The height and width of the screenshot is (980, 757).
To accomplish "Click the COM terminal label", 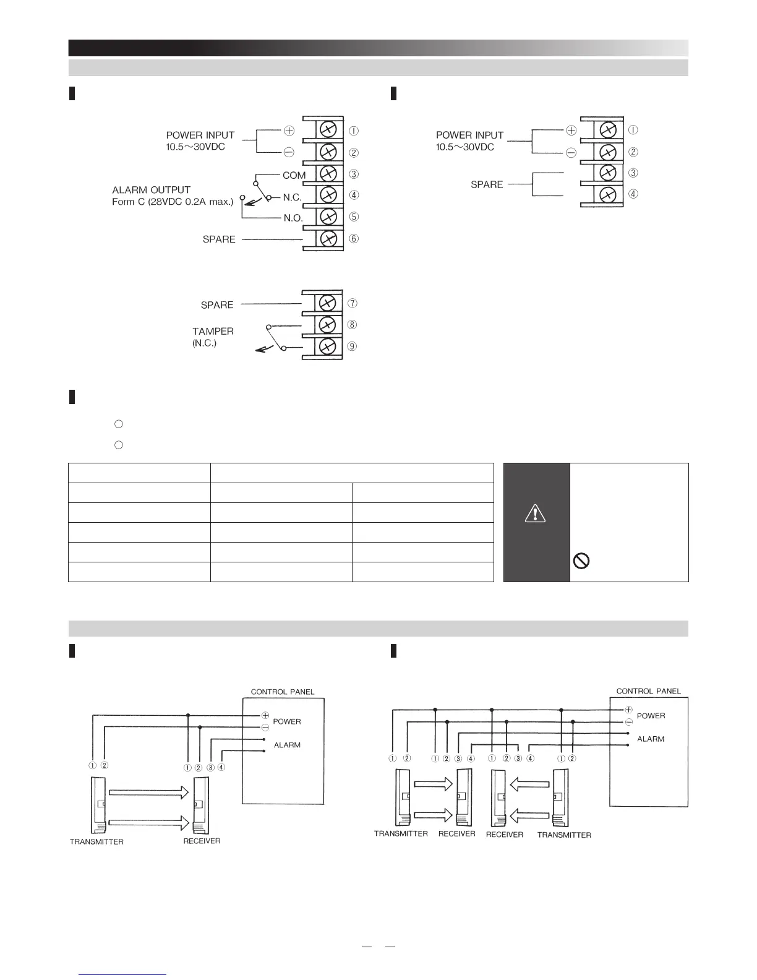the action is coord(294,175).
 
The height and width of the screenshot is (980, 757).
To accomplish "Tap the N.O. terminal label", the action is coord(293,218).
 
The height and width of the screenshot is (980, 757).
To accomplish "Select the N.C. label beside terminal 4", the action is coord(292,197).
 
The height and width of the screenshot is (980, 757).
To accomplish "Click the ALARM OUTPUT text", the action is coord(151,190).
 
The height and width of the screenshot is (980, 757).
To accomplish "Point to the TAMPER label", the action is coord(213,332).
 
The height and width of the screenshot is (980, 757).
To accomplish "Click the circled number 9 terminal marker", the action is coord(353,346).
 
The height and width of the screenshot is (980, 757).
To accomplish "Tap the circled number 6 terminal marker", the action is coord(353,239).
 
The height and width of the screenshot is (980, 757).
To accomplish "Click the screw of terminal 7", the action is coord(328,303).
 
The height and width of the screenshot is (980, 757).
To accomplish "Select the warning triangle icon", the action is coord(535,513).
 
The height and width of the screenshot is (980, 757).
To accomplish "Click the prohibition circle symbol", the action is coord(582,561).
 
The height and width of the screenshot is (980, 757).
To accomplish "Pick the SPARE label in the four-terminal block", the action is coord(487,184).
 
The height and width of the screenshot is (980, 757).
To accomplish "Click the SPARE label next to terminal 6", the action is coord(219,239).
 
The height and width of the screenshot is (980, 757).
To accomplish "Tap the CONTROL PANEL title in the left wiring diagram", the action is coord(282,692).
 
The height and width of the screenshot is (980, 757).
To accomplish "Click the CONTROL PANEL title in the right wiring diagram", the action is coord(648,691).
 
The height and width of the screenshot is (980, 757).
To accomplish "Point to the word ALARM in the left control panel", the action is coord(287,745).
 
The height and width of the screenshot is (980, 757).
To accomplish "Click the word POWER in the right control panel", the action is coord(651,716).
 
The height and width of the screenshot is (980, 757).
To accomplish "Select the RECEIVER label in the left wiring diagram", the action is coord(202,841).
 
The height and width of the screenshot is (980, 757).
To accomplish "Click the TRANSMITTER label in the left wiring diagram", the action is coord(96,841).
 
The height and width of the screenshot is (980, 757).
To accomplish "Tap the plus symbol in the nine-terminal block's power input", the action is coord(289,131).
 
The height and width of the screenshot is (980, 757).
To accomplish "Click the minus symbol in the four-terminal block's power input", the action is coord(571,153).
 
